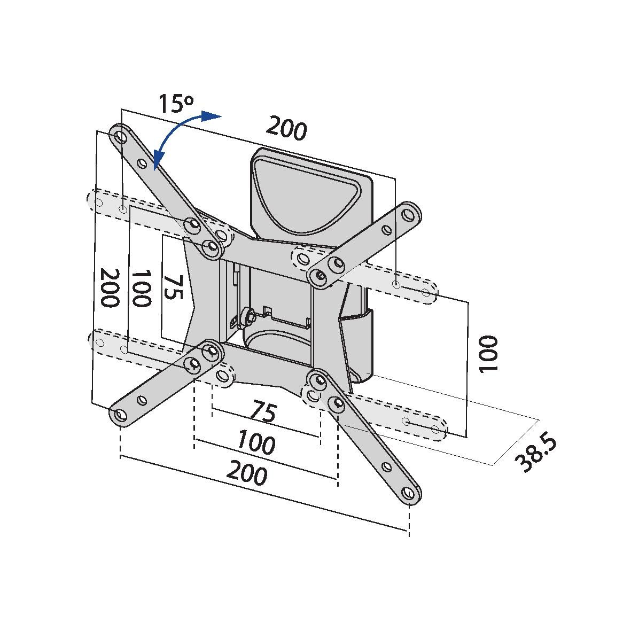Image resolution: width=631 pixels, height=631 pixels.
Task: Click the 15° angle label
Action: pyautogui.click(x=176, y=103)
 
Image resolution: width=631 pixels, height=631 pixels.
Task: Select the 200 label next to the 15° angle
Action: pyautogui.click(x=286, y=128)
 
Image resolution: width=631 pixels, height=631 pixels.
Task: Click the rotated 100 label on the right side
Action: pyautogui.click(x=487, y=354)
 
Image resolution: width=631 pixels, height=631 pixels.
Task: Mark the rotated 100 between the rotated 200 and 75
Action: pyautogui.click(x=141, y=289)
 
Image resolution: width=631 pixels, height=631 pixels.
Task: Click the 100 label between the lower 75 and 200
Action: pyautogui.click(x=256, y=443)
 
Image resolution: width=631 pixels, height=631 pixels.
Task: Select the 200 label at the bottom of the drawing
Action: pyautogui.click(x=246, y=473)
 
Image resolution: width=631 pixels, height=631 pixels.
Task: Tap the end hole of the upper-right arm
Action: pyautogui.click(x=409, y=214)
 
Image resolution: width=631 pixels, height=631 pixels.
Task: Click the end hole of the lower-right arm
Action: pyautogui.click(x=408, y=492)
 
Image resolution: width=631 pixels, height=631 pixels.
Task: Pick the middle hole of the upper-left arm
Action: pyautogui.click(x=142, y=163)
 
